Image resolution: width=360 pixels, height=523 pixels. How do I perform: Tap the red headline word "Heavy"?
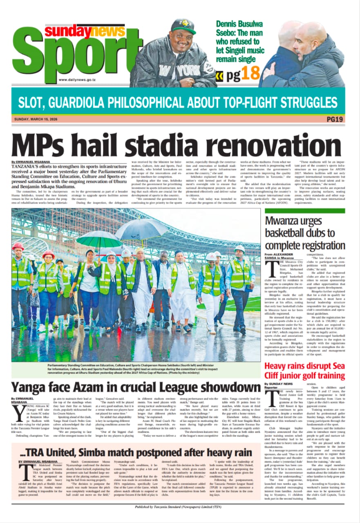click(x=280, y=366)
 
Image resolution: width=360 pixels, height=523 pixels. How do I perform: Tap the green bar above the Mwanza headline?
click(x=304, y=211)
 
